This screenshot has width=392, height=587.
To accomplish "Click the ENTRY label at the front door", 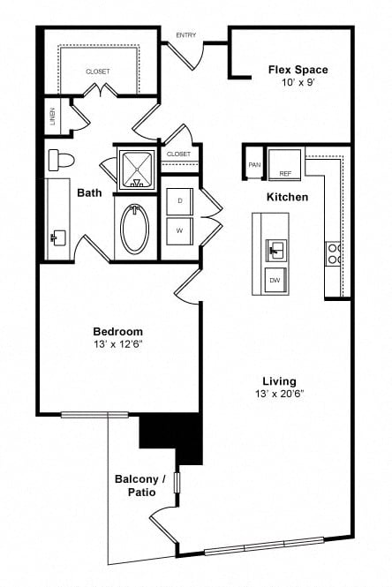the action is [185, 35].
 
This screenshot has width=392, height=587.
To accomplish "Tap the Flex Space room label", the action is [298, 70].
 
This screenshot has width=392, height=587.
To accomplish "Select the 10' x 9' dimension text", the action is [298, 82].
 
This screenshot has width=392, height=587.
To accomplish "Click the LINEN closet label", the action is [53, 116].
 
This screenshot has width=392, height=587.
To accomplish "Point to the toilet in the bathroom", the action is [61, 160].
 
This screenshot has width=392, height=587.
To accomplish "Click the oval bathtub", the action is [135, 229].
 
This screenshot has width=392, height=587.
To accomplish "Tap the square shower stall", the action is [137, 169].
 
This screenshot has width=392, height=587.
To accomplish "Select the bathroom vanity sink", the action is [58, 237].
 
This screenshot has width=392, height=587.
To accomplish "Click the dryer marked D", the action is [180, 201].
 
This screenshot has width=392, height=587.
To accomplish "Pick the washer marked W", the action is [180, 231].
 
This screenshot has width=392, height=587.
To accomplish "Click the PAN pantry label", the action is [254, 165].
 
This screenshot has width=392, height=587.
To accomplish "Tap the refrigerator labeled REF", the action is [285, 164].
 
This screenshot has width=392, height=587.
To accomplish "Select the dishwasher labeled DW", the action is [275, 280].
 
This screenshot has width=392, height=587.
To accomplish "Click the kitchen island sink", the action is [276, 250].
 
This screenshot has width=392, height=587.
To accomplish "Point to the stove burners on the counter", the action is [333, 254].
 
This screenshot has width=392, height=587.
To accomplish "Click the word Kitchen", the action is [287, 197].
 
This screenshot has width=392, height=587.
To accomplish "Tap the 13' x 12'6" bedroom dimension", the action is [118, 344].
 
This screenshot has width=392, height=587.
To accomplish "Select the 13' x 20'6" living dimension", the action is [280, 394].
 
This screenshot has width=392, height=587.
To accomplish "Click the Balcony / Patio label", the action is [140, 485].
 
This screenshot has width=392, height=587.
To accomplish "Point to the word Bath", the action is [89, 192].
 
